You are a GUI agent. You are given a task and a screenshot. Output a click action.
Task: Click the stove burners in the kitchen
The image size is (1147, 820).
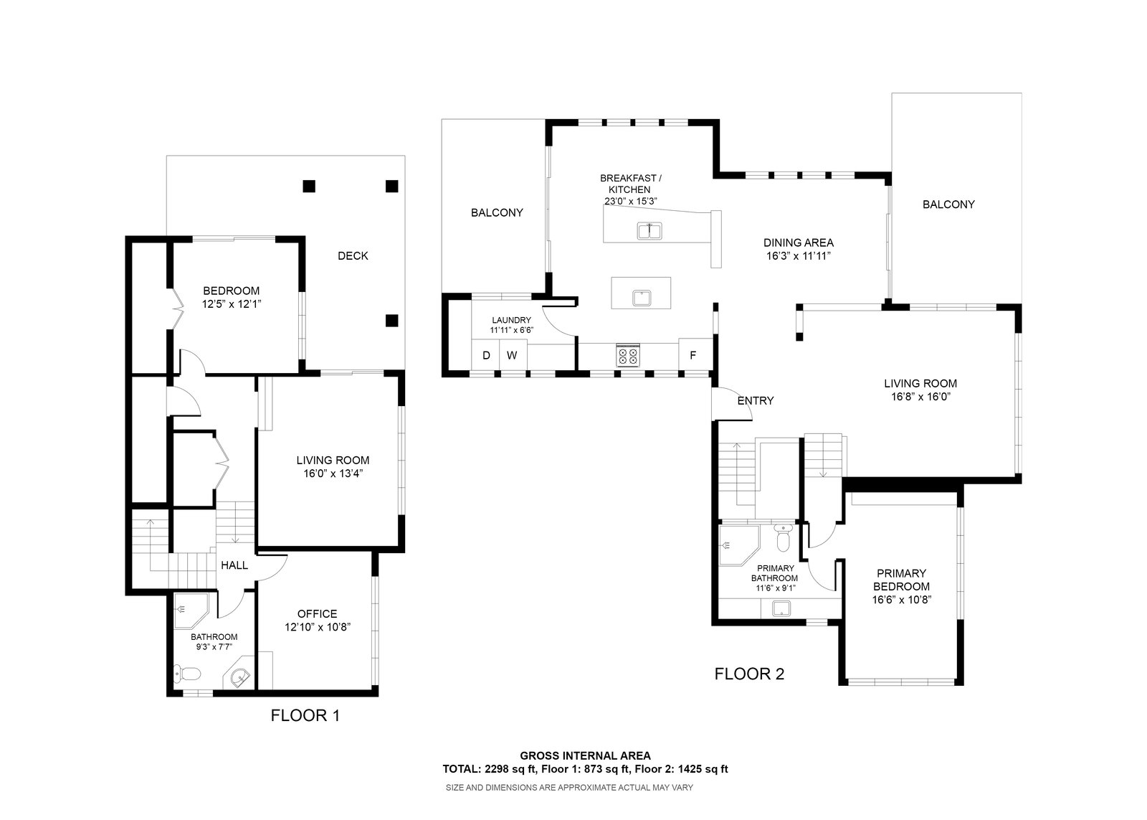click(628, 354)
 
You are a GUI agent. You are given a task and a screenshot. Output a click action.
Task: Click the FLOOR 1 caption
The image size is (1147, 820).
click(305, 715)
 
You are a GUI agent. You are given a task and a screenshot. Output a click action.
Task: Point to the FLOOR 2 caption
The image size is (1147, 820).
click(749, 674)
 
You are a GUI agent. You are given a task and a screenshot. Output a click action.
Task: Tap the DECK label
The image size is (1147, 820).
click(353, 255)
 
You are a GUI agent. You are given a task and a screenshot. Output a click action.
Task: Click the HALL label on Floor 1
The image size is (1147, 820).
click(234, 565)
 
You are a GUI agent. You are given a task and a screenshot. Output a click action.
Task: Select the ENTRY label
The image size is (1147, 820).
click(756, 401)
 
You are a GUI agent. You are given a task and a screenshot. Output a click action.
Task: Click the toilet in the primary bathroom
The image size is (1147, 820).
click(783, 537)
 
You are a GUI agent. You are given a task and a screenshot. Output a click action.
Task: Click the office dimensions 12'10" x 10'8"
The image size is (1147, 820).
click(318, 627)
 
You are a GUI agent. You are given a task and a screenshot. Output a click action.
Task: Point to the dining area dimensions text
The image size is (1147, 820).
click(799, 256)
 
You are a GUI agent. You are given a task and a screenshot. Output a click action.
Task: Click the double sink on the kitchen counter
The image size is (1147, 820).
click(649, 230)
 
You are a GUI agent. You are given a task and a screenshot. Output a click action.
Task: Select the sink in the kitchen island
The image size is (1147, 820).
click(641, 298)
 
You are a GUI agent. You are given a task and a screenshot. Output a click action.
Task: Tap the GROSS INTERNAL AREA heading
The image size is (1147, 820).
click(585, 755)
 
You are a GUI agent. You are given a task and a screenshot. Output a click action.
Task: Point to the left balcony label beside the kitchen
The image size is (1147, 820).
click(498, 212)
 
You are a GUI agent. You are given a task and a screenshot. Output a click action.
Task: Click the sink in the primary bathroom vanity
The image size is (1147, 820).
click(781, 608)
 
